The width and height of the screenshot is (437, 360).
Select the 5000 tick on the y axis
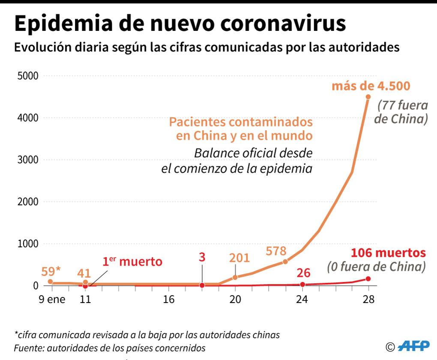click(x=27, y=76)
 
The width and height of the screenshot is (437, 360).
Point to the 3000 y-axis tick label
click(x=27, y=160)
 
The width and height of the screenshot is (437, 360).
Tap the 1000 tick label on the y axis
click(x=27, y=244)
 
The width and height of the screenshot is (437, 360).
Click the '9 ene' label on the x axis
click(x=52, y=299)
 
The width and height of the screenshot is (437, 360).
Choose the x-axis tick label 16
click(x=169, y=299)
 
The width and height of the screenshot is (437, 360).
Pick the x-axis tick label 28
click(x=368, y=299)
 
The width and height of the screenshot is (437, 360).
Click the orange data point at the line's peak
click(x=368, y=97)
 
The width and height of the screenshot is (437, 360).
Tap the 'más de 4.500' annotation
click(x=371, y=85)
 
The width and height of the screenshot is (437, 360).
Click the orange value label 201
click(x=239, y=258)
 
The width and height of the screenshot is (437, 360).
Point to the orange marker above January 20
click(x=235, y=277)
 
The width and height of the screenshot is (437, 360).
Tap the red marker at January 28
click(x=368, y=279)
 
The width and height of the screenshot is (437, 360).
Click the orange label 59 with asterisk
click(x=51, y=271)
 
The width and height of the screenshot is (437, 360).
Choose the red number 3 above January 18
click(x=202, y=258)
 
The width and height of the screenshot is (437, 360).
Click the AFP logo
click(x=413, y=346)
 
